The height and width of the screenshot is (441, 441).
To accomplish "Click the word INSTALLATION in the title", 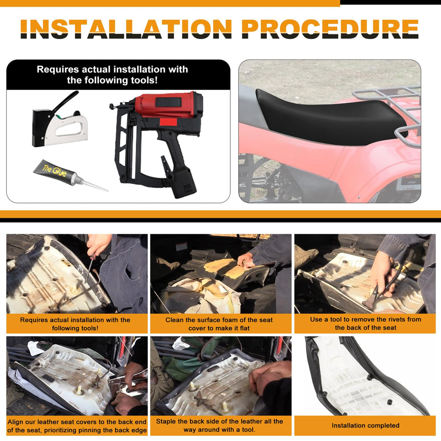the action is coord(126,29).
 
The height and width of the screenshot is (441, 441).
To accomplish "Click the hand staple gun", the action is coord(60,121).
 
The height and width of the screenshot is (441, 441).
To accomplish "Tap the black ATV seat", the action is coord(329,118).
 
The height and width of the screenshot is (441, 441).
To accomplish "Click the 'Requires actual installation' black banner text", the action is coord(112,75).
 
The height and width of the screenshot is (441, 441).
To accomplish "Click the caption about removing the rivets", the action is coord(365,323).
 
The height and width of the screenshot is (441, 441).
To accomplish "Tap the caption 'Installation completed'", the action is coord(365,426).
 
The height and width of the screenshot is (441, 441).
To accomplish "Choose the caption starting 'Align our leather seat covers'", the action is coord(77,426).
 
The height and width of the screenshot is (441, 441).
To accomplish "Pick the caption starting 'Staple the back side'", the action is coord(219,425).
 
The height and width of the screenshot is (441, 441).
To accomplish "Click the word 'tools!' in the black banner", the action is coord(144,80).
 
